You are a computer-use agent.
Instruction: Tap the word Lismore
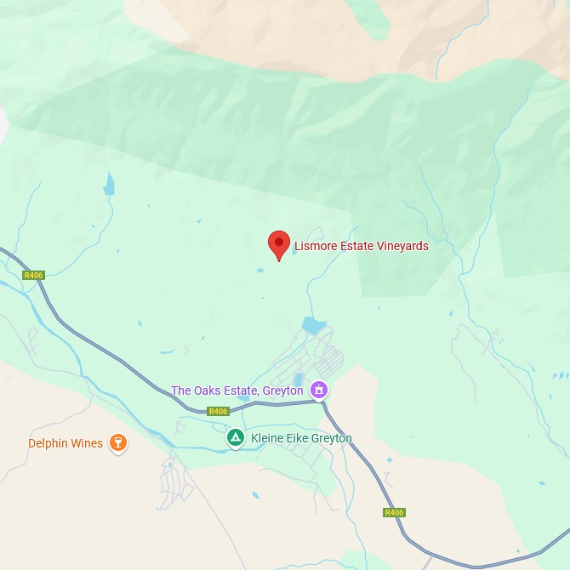point(314,247)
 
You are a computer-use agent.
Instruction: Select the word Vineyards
point(402,247)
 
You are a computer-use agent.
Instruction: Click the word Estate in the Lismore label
point(356,247)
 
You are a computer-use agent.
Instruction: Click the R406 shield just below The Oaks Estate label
point(219,412)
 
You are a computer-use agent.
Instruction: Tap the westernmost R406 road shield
point(33,275)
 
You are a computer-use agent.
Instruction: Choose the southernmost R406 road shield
point(394,513)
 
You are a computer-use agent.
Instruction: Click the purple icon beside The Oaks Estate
point(319,390)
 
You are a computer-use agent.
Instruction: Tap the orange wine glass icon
point(118,443)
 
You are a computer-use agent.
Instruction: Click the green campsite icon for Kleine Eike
point(235,438)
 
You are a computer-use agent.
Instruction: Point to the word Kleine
point(268,439)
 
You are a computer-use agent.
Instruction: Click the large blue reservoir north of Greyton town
point(313,325)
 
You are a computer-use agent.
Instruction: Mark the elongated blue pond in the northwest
point(108,184)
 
